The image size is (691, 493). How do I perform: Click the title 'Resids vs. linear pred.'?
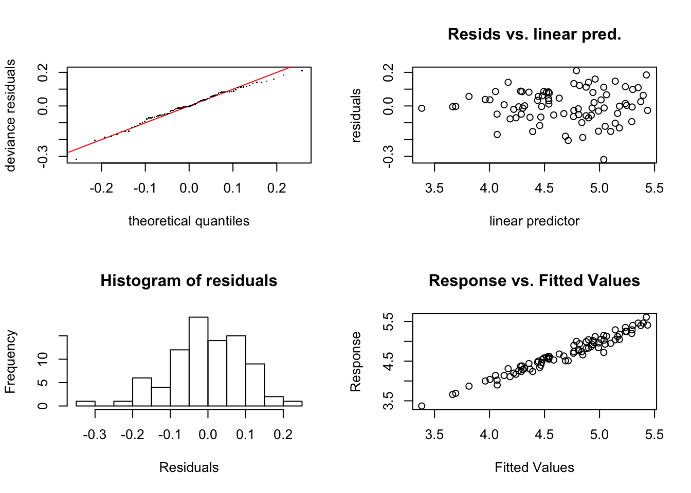click(534, 34)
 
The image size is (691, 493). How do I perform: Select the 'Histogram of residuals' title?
click(189, 280)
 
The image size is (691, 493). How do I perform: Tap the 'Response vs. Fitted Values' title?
click(534, 280)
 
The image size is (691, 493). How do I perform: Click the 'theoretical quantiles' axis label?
click(189, 221)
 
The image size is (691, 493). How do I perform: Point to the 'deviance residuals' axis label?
click(10, 115)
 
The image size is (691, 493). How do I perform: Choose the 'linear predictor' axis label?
click(534, 221)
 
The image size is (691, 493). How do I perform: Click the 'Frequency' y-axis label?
click(10, 362)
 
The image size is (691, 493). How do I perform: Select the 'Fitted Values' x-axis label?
click(534, 467)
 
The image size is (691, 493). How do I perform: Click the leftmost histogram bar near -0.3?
click(85, 404)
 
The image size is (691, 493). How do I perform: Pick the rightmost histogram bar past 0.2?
click(293, 404)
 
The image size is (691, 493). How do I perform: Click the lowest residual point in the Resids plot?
click(604, 160)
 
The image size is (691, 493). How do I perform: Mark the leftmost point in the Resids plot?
click(422, 108)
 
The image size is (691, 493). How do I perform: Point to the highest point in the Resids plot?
click(576, 71)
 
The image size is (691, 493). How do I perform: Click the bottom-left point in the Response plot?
click(422, 406)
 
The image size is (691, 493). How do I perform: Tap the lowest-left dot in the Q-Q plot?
click(76, 160)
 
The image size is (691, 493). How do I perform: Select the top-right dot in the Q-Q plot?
click(302, 70)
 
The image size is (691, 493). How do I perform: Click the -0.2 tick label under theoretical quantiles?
click(101, 188)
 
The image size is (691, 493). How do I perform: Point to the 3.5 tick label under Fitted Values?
click(434, 435)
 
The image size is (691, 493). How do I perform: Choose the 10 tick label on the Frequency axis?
click(43, 359)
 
